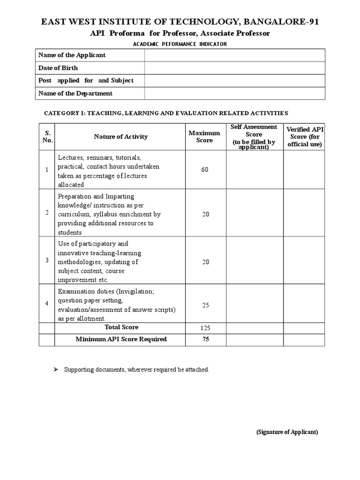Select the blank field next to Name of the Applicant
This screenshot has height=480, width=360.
coord(234,55)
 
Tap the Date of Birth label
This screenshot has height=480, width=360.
coord(58,68)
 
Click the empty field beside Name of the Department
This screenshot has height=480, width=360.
coord(234,93)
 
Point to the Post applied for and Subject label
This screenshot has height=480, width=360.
coord(86,81)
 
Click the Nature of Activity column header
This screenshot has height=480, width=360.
coord(120,137)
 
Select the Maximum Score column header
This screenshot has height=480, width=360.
coord(204,137)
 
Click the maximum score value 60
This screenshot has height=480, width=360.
coord(205,170)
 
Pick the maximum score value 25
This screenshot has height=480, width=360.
coord(205,305)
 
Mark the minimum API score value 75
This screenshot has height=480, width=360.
coord(205,339)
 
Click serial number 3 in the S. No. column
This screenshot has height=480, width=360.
coord(47,261)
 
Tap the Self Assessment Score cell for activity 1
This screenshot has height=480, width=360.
coord(255,170)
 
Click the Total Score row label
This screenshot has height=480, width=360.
coord(121,327)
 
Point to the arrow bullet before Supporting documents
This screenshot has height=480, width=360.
coord(54,370)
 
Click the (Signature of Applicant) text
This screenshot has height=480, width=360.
coord(287,432)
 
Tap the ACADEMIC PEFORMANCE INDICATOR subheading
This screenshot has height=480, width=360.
coord(180,44)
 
